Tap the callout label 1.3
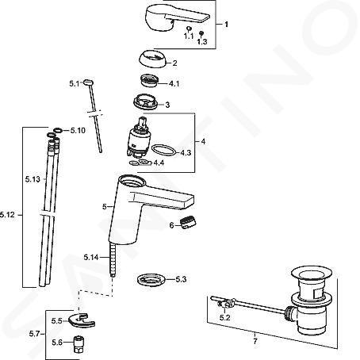pyautogui.click(x=202, y=41)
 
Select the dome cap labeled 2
pyautogui.click(x=153, y=59)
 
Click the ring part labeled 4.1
pyautogui.click(x=148, y=80)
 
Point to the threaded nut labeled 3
pyautogui.click(x=145, y=101)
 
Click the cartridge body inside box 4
pyautogui.click(x=137, y=140)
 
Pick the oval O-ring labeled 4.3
pyautogui.click(x=164, y=150)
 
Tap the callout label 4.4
pyautogui.click(x=159, y=163)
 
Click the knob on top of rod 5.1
pyautogui.click(x=88, y=82)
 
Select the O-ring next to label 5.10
pyautogui.click(x=58, y=130)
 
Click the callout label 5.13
pyautogui.click(x=33, y=179)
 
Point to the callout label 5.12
pyautogui.click(x=8, y=215)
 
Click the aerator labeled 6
pyautogui.click(x=188, y=222)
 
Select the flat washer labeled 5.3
pyautogui.click(x=151, y=280)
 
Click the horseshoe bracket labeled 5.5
pyautogui.click(x=81, y=320)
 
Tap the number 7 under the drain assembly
pyautogui.click(x=255, y=341)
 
